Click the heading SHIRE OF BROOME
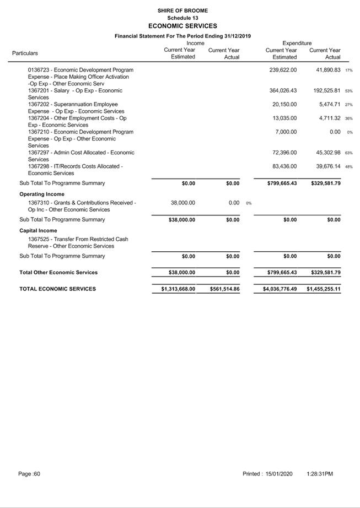pos(182,10)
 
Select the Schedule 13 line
pos(182,18)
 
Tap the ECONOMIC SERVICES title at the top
pos(182,26)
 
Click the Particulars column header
pos(25,53)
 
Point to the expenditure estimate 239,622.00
pos(283,70)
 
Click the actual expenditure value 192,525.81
pos(325,90)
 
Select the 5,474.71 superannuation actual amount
pos(328,104)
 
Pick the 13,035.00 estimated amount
pos(284,118)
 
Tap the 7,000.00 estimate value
pos(286,132)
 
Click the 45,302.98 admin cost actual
pos(326,153)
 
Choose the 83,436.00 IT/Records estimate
pos(284,166)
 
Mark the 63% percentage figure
pos(349,153)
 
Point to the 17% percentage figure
pos(349,71)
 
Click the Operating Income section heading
pos(42,194)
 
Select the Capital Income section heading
pos(38,230)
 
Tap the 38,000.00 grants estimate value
pos(183,203)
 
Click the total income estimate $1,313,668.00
pos(174,289)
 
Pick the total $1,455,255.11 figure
pos(324,289)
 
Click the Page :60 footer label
pos(29,474)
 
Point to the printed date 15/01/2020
pos(279,474)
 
